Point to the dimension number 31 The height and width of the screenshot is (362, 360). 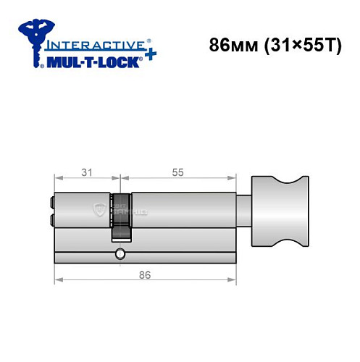point(87,172)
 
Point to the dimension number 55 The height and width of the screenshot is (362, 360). point(178,172)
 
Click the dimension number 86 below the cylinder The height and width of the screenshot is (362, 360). point(146,276)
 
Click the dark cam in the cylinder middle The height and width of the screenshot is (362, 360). point(121,217)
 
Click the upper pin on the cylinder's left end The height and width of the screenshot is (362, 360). point(50,203)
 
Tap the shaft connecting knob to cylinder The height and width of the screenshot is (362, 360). point(243,209)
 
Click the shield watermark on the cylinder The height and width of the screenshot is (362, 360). point(98,210)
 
